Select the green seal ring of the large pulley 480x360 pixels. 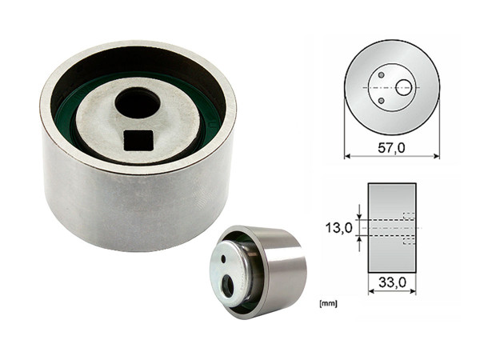tap(210, 128)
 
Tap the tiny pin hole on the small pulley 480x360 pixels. tap(222, 261)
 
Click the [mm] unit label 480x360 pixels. tap(326, 304)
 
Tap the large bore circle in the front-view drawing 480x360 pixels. tap(404, 87)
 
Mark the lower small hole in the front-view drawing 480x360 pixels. tap(381, 101)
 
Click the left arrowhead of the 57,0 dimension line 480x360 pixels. tap(348, 156)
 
